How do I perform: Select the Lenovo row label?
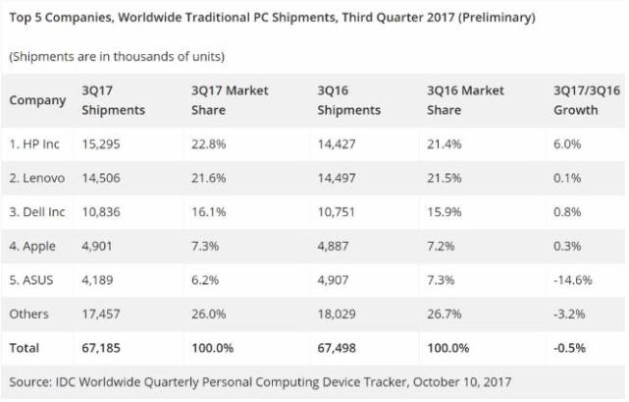[x=38, y=179]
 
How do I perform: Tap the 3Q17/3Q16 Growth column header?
[x=587, y=100]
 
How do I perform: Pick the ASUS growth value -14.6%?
[x=573, y=278]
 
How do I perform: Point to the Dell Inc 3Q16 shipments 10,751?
[x=339, y=212]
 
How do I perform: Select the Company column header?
[x=37, y=100]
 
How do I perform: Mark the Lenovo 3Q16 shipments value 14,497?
[x=339, y=179]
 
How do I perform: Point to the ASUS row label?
[x=33, y=278]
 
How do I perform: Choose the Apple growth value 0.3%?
[x=568, y=246]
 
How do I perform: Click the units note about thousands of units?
[x=117, y=56]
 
